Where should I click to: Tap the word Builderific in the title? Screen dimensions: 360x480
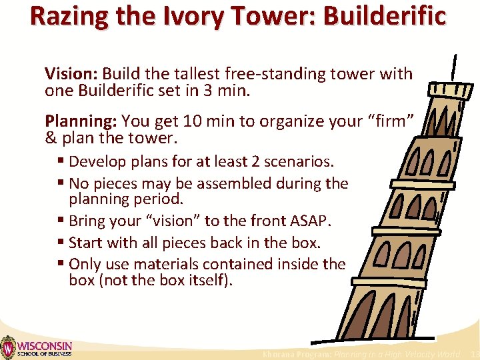pos(384,16)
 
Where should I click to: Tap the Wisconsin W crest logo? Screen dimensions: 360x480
pos(8,347)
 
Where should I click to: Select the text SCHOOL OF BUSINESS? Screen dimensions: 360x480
pos(44,354)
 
